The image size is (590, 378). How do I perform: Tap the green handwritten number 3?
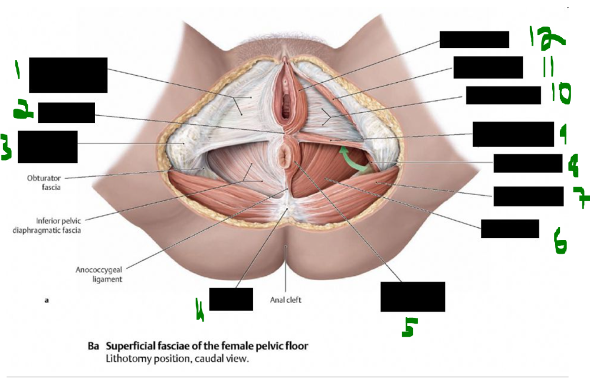[8, 147]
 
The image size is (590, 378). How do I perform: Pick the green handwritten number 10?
[558, 93]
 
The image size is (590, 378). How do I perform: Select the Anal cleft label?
[286, 299]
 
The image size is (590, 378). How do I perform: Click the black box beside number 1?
[68, 75]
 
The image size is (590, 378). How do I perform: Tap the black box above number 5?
[412, 296]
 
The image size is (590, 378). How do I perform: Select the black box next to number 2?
[66, 112]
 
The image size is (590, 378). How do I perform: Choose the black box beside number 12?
[474, 40]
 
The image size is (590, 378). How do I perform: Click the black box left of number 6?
[510, 229]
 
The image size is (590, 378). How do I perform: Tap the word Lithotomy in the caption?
[127, 358]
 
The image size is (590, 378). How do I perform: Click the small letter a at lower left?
[47, 301]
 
